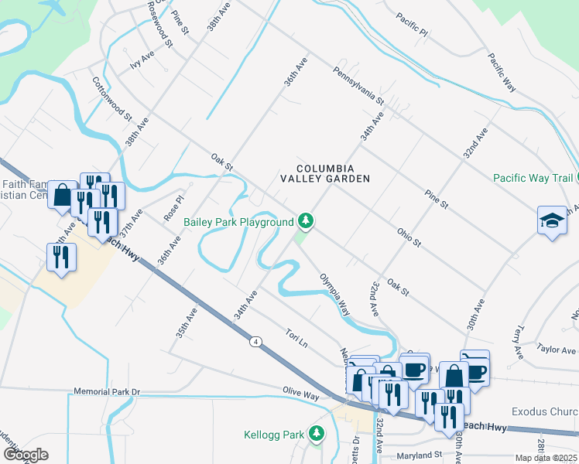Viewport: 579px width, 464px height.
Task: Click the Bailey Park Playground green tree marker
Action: coord(307,222)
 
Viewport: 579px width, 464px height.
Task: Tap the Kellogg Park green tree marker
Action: coord(316,435)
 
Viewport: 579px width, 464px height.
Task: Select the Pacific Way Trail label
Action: coord(532,178)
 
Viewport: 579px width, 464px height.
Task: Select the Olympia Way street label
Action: coord(334,293)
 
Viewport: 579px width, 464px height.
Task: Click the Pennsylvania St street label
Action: coord(358,85)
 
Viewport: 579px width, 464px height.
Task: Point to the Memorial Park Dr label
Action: coord(107,392)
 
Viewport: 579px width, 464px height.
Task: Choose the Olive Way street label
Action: coord(301,394)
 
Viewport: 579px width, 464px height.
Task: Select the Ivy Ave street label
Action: coord(142,60)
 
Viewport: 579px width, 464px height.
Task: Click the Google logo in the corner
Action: coord(26,455)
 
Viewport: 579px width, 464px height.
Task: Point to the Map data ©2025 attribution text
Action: coord(546,458)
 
